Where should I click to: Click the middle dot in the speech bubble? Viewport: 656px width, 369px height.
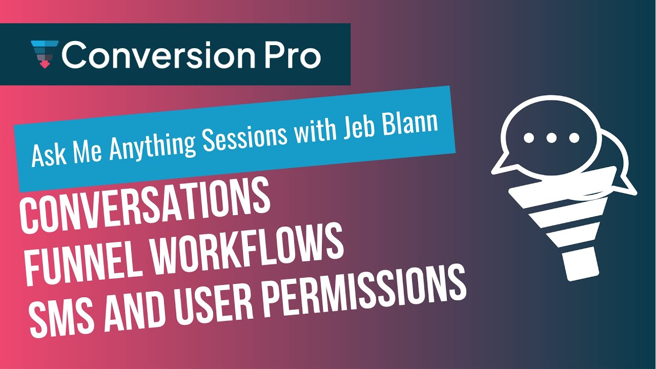(x=551, y=138)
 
